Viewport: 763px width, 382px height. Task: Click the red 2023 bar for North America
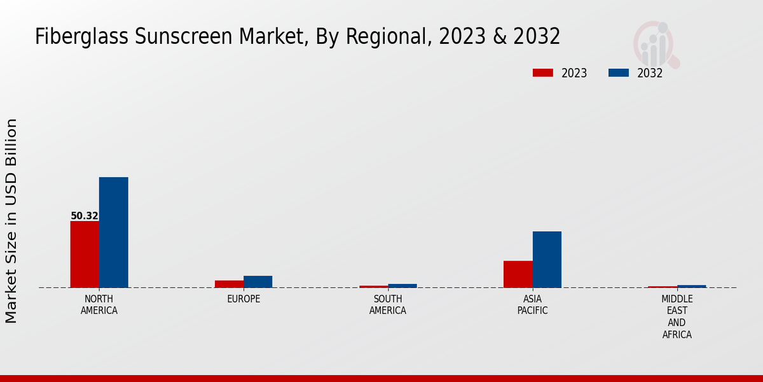pyautogui.click(x=85, y=254)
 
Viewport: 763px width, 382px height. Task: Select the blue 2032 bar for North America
pyautogui.click(x=113, y=232)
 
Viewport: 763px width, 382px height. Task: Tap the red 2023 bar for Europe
pyautogui.click(x=229, y=284)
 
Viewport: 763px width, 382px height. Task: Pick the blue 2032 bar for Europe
pyautogui.click(x=258, y=281)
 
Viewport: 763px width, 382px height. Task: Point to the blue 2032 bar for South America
pyautogui.click(x=402, y=286)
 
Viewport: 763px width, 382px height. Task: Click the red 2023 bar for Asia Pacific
pyautogui.click(x=518, y=274)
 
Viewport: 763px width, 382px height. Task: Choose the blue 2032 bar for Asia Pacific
pyautogui.click(x=547, y=259)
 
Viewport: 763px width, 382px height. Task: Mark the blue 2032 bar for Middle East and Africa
pyautogui.click(x=691, y=286)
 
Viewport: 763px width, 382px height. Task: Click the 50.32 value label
pyautogui.click(x=85, y=216)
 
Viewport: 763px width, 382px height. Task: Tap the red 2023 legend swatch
pyautogui.click(x=543, y=73)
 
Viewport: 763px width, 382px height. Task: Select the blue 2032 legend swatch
pyautogui.click(x=618, y=73)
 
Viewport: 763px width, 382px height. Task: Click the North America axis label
pyautogui.click(x=99, y=305)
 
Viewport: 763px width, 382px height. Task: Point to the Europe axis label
pyautogui.click(x=244, y=299)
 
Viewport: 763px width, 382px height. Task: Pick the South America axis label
pyautogui.click(x=388, y=305)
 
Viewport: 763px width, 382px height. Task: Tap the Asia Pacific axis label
pyautogui.click(x=532, y=305)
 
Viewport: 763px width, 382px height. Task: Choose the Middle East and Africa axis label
pyautogui.click(x=677, y=317)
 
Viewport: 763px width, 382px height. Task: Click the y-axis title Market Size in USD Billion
pyautogui.click(x=11, y=220)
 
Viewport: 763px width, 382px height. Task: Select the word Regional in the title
pyautogui.click(x=385, y=37)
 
